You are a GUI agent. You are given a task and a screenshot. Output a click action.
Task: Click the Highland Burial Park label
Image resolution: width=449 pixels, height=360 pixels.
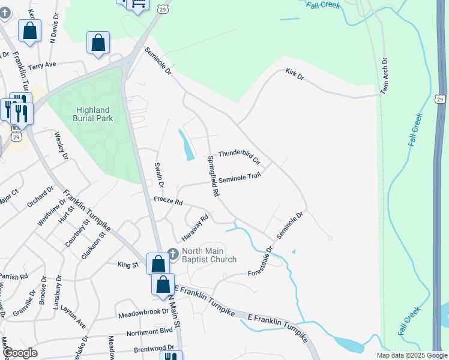click(x=93, y=114)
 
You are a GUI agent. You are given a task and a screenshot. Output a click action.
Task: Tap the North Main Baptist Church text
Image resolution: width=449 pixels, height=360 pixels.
click(x=209, y=255)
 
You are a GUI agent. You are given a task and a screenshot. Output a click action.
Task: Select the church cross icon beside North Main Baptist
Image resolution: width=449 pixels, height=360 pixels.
click(x=173, y=254)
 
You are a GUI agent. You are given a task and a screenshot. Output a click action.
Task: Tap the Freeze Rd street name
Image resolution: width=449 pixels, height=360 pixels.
click(x=167, y=202)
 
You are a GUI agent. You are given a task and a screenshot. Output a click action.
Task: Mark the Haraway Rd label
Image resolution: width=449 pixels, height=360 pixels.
click(x=196, y=226)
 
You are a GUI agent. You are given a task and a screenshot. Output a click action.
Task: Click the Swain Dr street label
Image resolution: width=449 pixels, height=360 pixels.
click(x=159, y=174)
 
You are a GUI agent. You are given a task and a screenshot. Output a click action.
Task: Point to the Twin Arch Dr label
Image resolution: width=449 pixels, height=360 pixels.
click(x=385, y=76)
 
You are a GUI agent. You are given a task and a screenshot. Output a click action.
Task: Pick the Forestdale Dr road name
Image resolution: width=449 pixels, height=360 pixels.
click(x=261, y=262)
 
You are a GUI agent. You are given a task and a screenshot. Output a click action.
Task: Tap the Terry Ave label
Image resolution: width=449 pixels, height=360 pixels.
click(x=41, y=65)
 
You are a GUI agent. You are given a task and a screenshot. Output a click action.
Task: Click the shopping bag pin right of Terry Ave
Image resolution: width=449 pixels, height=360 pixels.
click(x=98, y=44)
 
